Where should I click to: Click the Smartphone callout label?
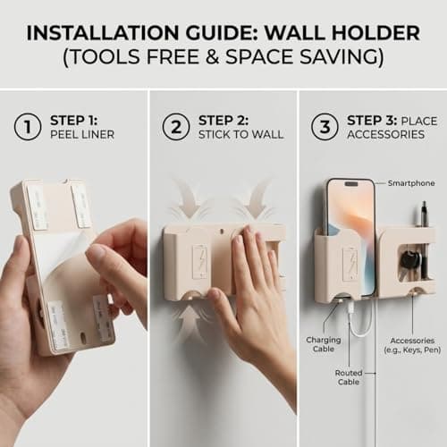tap(409, 182)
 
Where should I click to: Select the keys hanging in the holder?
tap(408, 260)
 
